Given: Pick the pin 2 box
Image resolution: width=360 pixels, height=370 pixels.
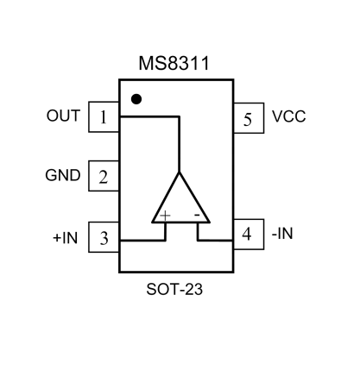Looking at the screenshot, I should pos(104,178).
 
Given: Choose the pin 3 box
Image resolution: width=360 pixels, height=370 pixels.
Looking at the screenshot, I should pos(104,238).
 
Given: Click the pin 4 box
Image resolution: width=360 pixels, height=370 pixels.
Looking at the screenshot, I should pos(246,234).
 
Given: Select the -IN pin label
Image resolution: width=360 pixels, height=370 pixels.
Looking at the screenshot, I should pos(281,233).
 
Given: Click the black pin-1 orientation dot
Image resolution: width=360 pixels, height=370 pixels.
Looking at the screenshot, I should pos(136,98).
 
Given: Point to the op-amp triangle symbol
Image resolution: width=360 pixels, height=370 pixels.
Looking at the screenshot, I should pos(180,202).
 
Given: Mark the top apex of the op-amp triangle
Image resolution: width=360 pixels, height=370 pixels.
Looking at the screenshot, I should pos(180,173).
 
